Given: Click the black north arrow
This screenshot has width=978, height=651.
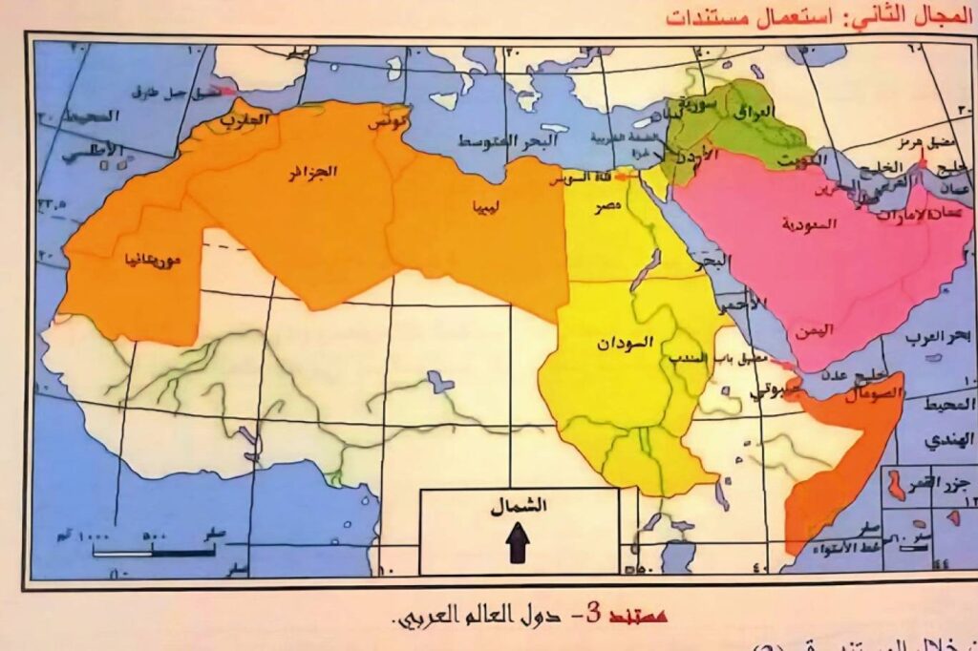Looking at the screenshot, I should [x=518, y=546].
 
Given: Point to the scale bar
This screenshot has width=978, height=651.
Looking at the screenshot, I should [x=153, y=551].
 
